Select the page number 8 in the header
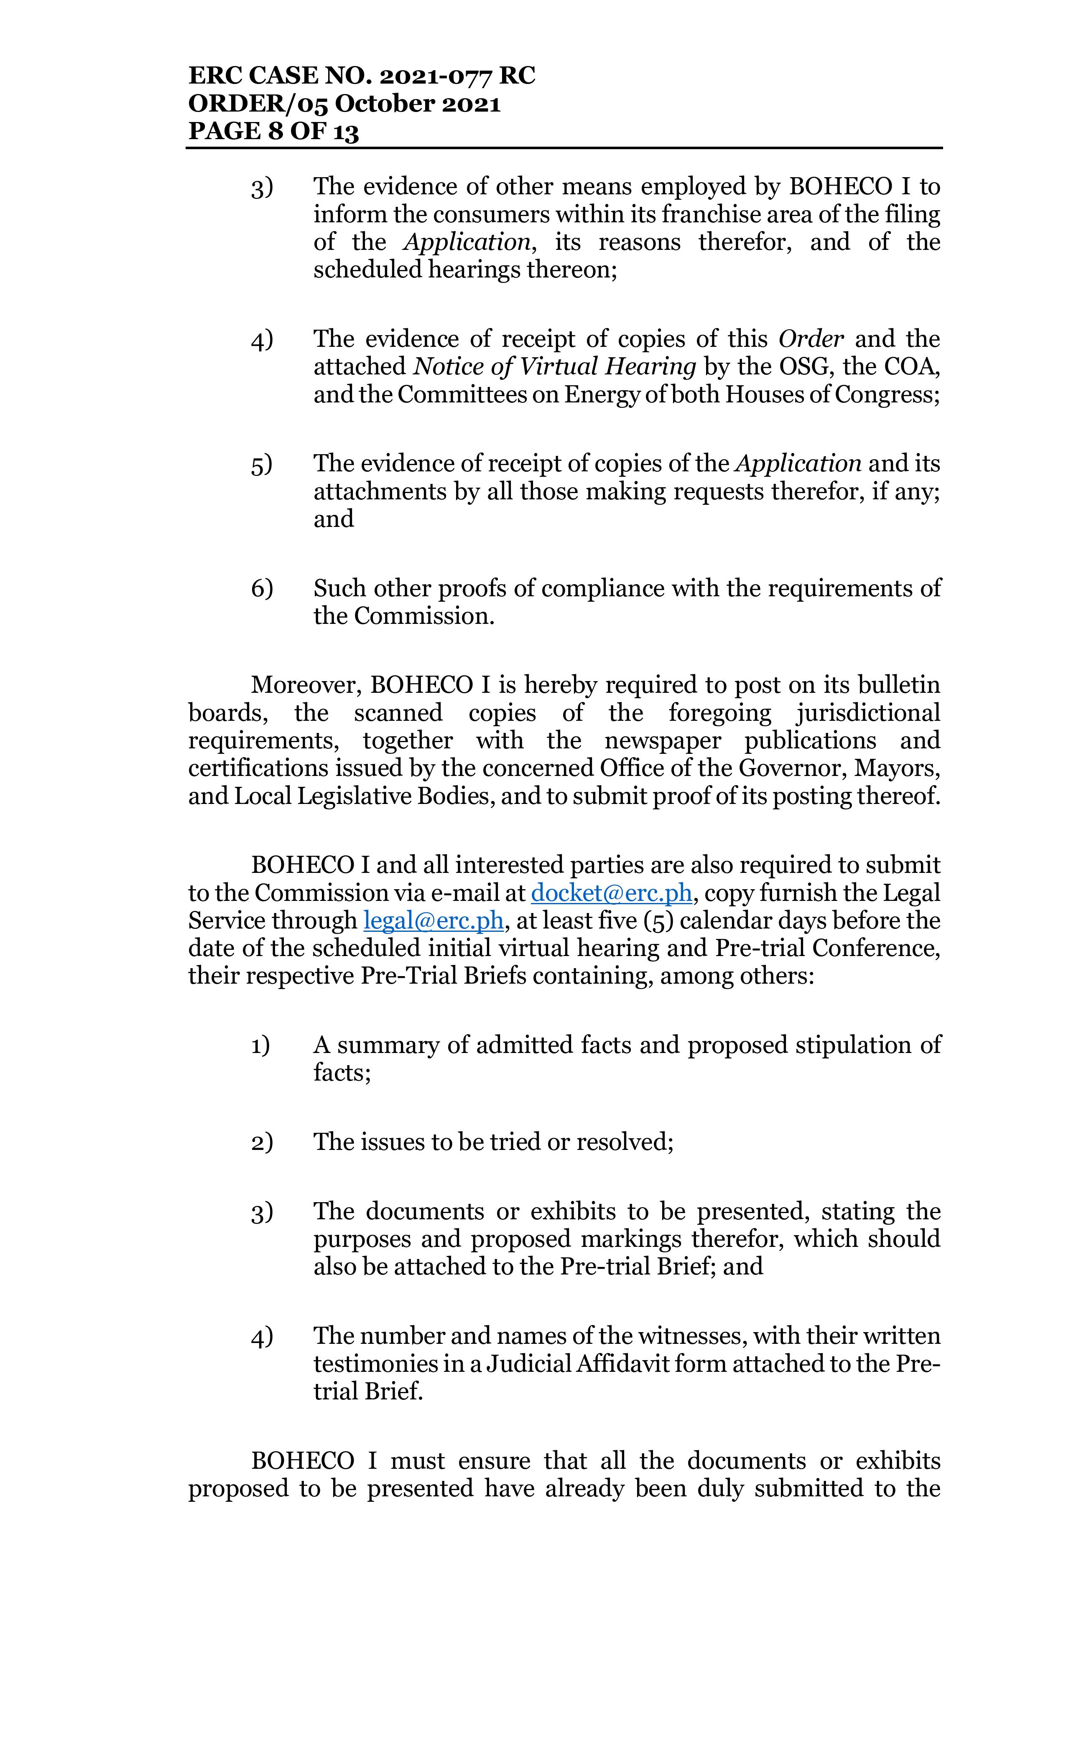[x=276, y=132]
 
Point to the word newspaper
[x=662, y=741]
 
